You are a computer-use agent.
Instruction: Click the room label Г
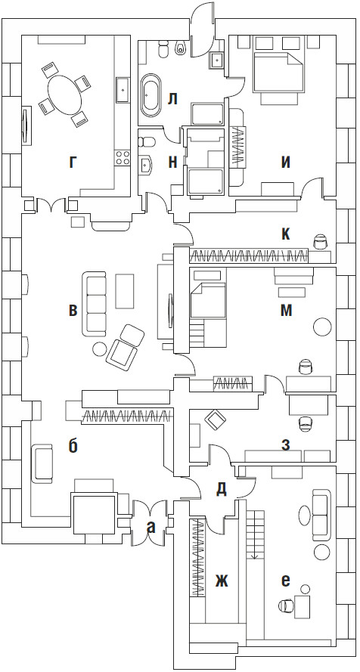[73, 162]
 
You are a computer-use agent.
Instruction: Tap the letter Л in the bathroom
[172, 100]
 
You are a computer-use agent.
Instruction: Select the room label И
[286, 162]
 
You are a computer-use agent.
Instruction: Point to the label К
[286, 234]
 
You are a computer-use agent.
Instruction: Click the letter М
[286, 311]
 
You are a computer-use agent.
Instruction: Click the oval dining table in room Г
[64, 94]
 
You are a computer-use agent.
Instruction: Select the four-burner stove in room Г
[123, 158]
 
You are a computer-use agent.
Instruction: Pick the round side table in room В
[99, 348]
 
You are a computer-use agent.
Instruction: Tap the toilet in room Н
[147, 141]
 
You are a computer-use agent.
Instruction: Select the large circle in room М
[322, 327]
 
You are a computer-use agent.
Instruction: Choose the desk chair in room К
[319, 241]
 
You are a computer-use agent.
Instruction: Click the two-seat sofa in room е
[322, 515]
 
